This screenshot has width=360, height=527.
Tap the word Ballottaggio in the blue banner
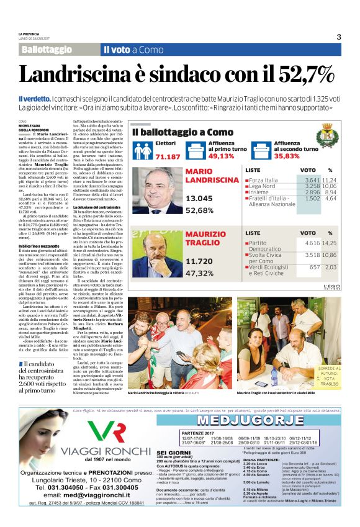(47, 49)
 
